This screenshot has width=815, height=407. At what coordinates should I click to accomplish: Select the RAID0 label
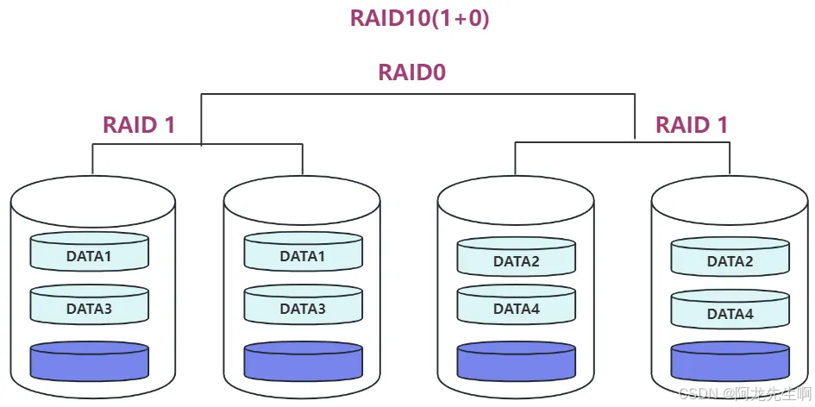[411, 72]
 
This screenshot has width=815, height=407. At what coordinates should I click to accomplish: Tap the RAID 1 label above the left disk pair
[139, 124]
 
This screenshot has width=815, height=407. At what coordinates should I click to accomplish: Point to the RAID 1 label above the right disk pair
[692, 124]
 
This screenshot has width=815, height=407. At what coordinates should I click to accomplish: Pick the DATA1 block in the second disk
[302, 255]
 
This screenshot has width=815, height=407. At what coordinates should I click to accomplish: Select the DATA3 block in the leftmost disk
[89, 307]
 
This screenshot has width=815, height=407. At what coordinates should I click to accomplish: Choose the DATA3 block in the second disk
[302, 307]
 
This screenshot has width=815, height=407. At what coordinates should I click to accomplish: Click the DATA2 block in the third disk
[516, 260]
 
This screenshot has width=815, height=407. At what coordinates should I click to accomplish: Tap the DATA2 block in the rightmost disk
[730, 260]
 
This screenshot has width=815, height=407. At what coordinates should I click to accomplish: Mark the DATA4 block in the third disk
[516, 307]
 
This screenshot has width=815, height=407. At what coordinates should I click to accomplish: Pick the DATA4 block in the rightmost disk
[730, 313]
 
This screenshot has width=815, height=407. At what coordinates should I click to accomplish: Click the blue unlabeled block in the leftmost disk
[89, 361]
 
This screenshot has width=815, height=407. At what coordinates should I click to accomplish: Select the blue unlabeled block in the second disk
[302, 361]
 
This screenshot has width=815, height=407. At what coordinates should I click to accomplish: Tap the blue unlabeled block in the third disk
[516, 361]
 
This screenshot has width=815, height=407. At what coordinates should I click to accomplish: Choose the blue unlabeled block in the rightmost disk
[730, 361]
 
